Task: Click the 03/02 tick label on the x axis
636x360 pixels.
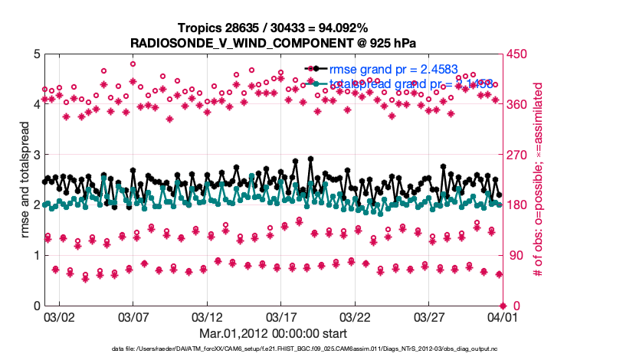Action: click(59, 316)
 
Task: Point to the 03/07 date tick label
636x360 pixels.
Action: click(133, 316)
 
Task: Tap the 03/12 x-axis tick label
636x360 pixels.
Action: click(206, 316)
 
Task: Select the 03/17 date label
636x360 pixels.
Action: click(280, 316)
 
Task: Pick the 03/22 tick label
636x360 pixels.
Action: click(353, 316)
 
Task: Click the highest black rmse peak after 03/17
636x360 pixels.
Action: click(310, 159)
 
